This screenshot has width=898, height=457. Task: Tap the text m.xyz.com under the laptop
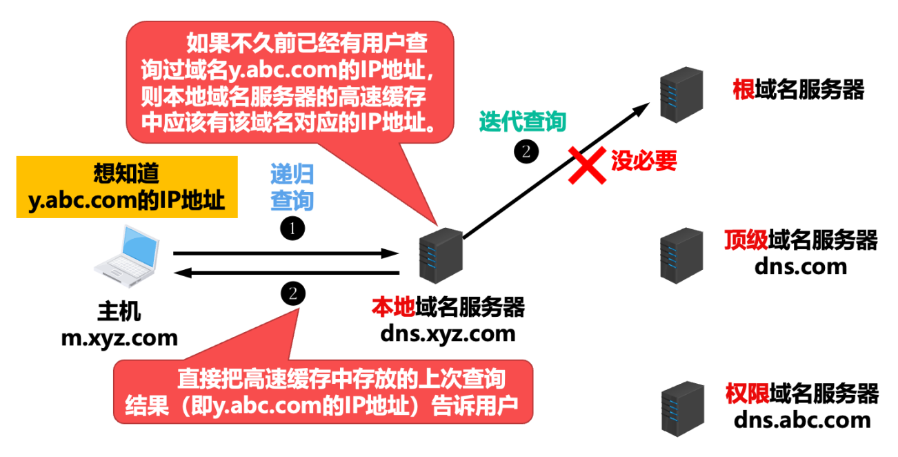tap(119, 338)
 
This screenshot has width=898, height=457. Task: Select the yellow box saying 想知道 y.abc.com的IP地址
tap(126, 187)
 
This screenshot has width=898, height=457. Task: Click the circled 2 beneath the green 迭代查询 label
tap(526, 152)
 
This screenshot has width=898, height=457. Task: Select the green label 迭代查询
tap(523, 122)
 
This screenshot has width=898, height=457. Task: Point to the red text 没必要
tap(643, 161)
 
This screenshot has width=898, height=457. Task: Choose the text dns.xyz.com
tap(448, 334)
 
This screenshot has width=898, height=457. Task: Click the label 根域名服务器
tap(799, 90)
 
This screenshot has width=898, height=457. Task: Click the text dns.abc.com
tap(802, 420)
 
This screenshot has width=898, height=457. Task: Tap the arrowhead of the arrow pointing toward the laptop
tap(181, 274)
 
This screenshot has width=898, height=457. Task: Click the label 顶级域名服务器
tap(801, 240)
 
